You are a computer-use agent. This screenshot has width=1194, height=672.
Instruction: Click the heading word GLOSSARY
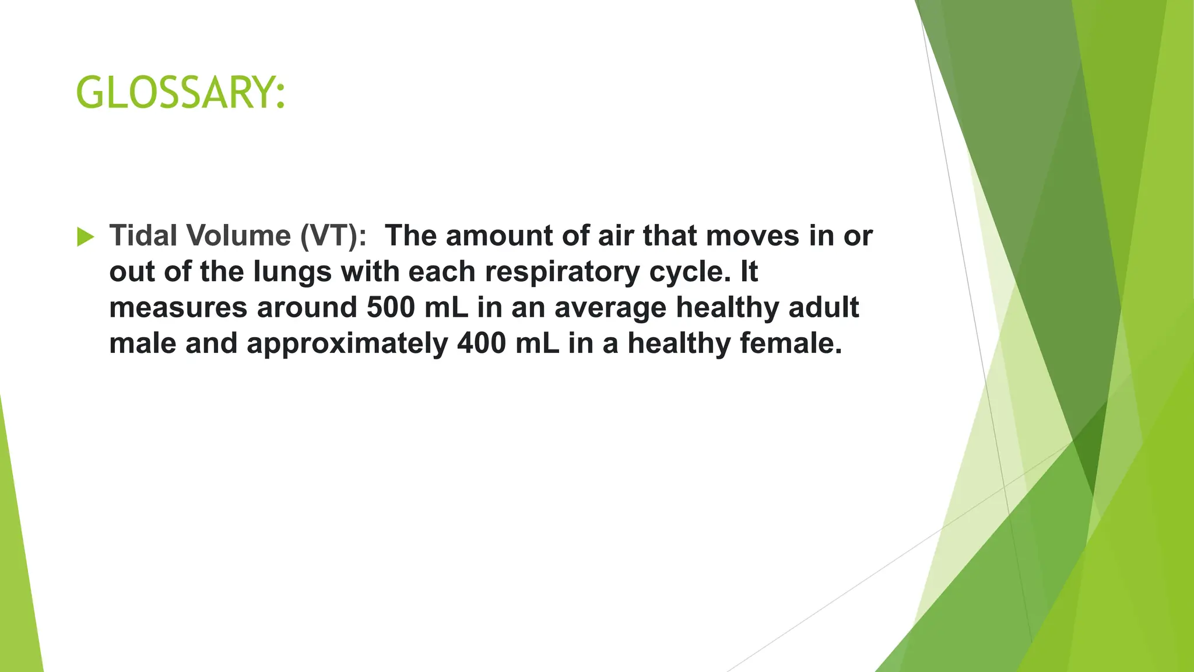(180, 93)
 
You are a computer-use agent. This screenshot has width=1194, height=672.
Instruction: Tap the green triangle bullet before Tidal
(85, 237)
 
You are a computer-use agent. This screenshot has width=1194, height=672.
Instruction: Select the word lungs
(292, 272)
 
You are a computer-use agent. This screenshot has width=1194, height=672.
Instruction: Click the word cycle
(689, 272)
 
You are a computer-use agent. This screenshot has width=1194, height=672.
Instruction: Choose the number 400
(482, 343)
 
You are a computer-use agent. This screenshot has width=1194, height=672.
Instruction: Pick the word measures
(178, 307)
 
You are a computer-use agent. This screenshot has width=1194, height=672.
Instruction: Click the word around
(307, 307)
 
